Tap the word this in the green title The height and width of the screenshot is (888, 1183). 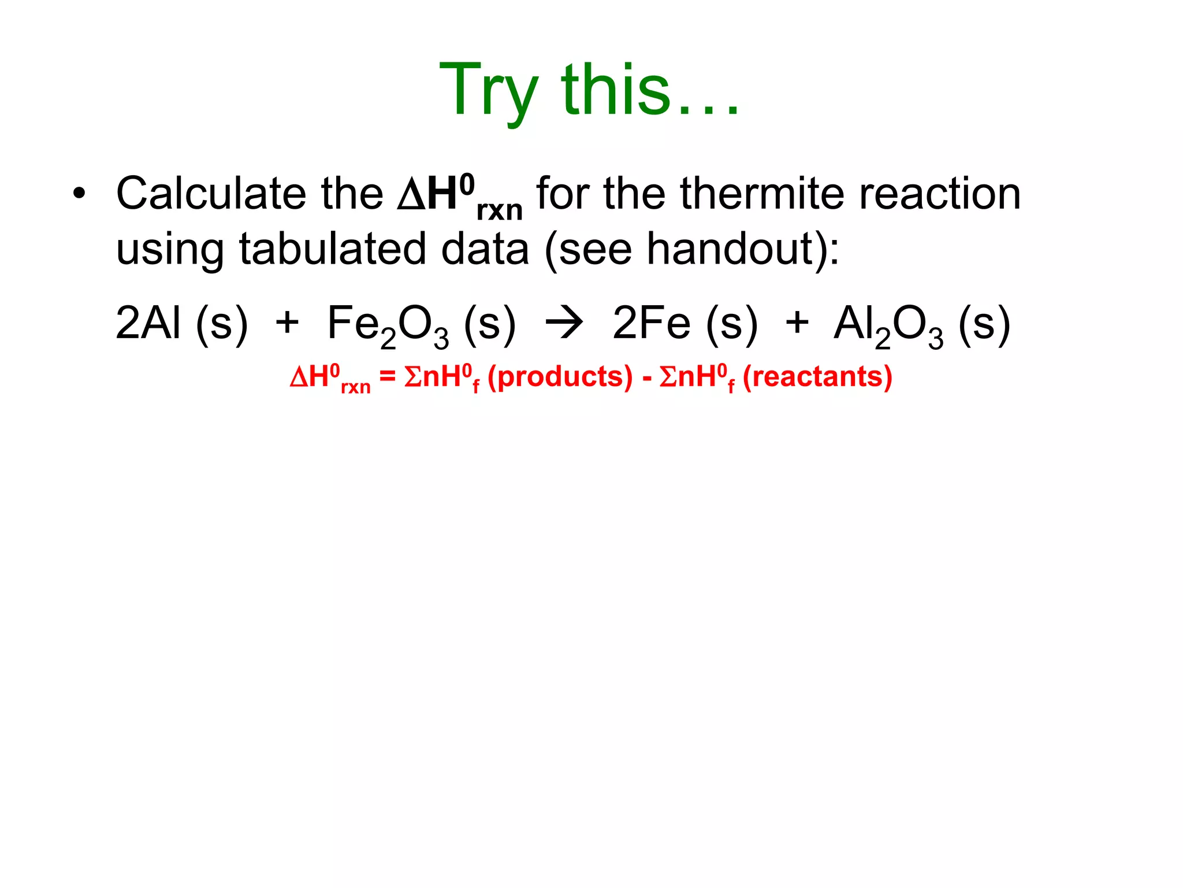point(616,90)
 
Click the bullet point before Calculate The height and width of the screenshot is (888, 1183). point(79,193)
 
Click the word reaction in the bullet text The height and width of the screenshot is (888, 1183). point(940,193)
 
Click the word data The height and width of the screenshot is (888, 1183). point(485,249)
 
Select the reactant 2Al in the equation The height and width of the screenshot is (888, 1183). point(148,323)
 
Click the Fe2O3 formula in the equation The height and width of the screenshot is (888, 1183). point(388,325)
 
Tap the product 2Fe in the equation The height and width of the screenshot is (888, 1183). point(651,323)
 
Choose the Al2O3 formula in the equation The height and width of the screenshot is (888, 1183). point(888,325)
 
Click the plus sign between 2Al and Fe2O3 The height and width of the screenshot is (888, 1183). point(287,323)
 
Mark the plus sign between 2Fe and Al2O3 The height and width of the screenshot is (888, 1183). point(797,323)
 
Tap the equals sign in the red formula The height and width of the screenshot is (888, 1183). point(387,377)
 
